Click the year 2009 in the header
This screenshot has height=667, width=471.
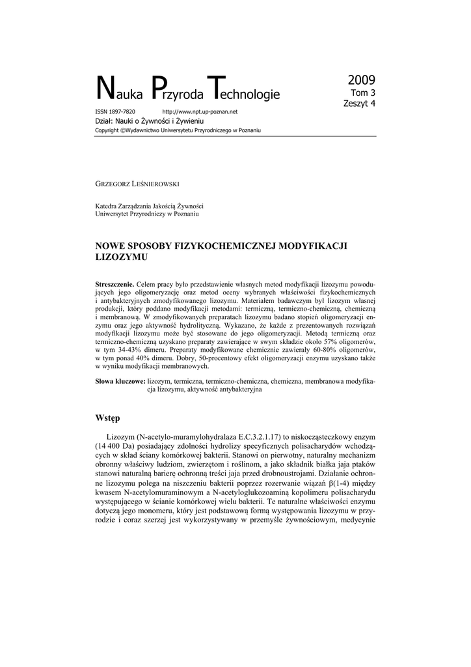point(361,81)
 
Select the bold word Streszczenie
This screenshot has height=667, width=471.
point(114,285)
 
